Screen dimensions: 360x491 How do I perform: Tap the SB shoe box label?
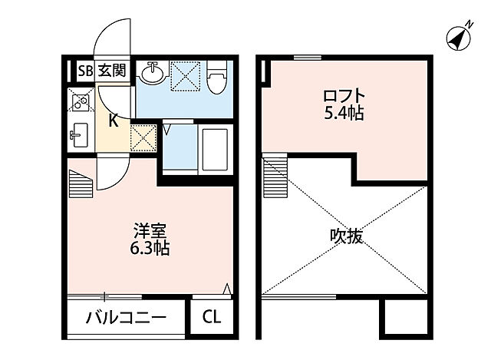[84, 71]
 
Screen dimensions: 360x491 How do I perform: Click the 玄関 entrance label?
[112, 71]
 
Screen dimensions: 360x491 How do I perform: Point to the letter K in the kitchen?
[112, 120]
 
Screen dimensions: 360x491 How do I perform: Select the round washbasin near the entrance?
[152, 74]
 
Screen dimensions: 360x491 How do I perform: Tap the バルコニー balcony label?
[125, 316]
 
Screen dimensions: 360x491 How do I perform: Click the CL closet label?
[211, 316]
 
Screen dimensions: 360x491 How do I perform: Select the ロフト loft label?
[343, 97]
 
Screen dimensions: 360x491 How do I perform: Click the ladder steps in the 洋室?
[80, 182]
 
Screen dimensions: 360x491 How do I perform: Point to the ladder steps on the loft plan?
[273, 177]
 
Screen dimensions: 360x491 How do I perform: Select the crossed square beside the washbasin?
[185, 74]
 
